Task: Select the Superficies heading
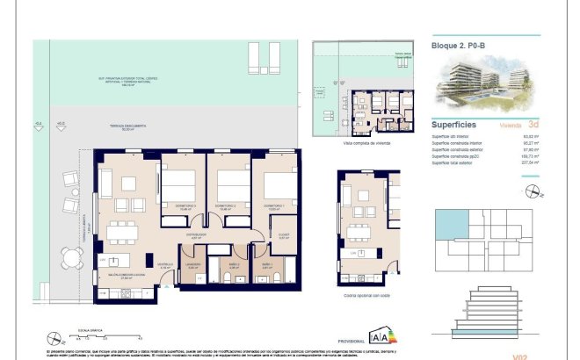[x=454, y=125]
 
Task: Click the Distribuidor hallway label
[x=199, y=235]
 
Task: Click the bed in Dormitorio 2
[x=233, y=184]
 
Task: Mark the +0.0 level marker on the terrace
[x=60, y=124]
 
